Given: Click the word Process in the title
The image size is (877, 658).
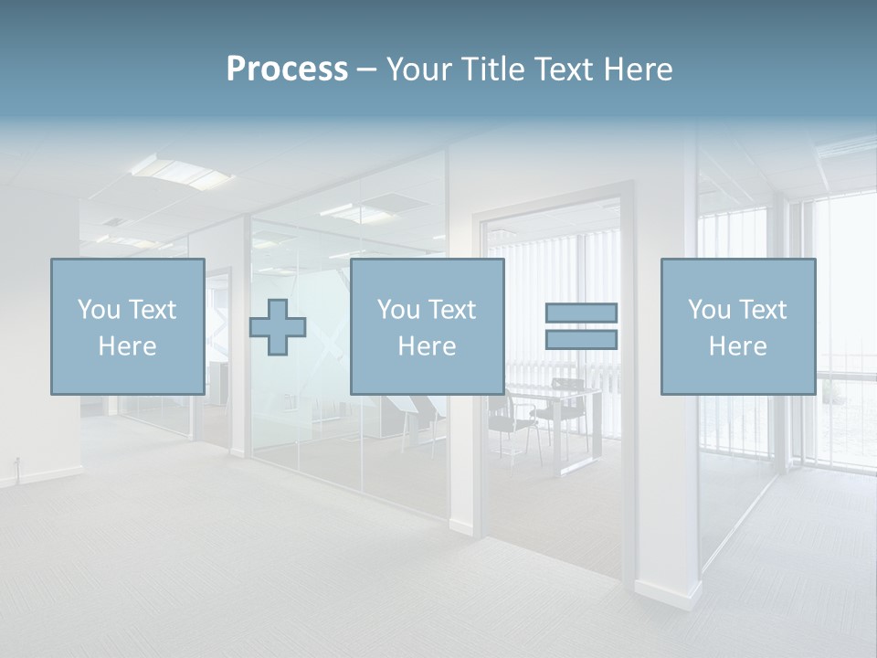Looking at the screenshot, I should coord(287,69).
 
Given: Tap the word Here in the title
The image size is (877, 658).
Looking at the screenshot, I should coord(637,69).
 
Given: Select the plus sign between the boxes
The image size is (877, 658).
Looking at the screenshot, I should coord(278,327).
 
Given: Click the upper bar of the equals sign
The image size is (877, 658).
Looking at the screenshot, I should coord(581,313).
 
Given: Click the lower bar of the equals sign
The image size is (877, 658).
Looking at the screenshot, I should coord(581,339).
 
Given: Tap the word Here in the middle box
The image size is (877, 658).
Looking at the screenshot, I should coord(427,346).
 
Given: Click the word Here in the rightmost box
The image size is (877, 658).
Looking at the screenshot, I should coord(737,346).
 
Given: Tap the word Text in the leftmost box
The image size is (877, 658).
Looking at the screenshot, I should coord(152,310).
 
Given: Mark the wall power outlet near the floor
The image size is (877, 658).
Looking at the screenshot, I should coord(16,461).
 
